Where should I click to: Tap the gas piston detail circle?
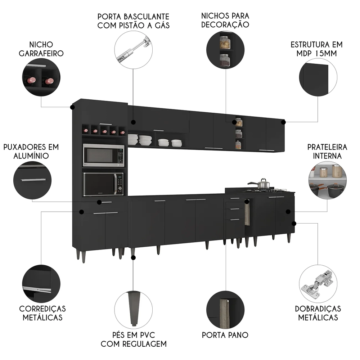click(133, 50)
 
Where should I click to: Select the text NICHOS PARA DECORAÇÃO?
click(225, 20)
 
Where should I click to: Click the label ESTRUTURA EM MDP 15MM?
click(316, 49)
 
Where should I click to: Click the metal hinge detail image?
click(318, 284)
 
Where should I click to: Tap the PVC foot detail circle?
click(133, 310)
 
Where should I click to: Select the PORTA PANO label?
click(225, 335)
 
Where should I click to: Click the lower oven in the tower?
click(103, 184)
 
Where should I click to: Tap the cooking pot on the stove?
click(263, 184)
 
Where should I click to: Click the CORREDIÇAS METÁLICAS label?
click(42, 313)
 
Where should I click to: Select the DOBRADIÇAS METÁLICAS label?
click(318, 313)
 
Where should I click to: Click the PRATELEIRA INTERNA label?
click(327, 152)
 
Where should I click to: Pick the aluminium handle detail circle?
click(32, 180)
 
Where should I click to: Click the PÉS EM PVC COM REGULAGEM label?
click(134, 339)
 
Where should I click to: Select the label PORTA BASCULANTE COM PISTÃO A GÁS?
click(134, 21)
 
